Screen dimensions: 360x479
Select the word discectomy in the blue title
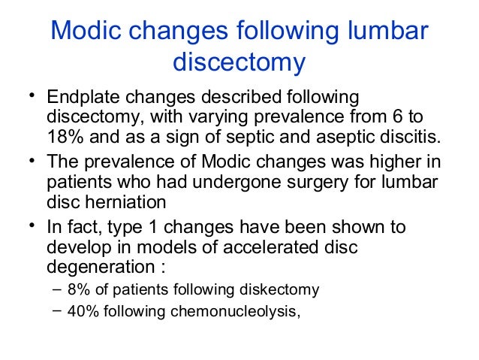click(239, 63)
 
